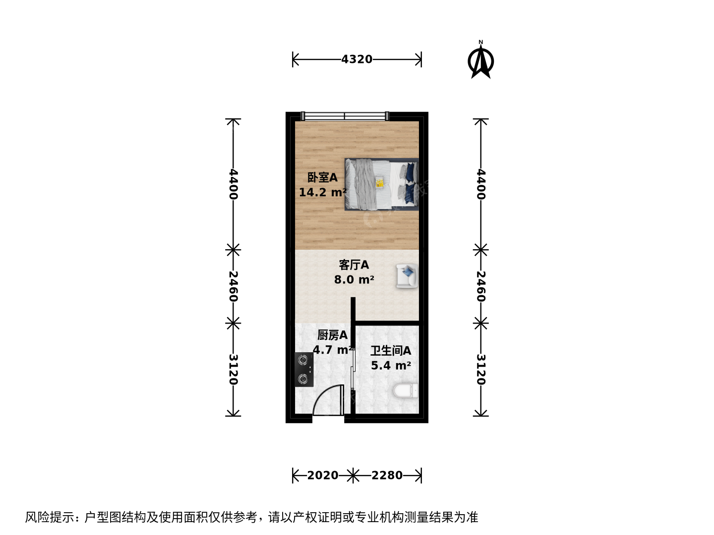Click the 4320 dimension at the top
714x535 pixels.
coord(357,59)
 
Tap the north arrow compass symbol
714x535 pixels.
coord(481,60)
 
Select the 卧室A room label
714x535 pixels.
coord(322,177)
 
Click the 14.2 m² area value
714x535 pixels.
coord(323,192)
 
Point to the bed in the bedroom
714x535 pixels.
coord(382,184)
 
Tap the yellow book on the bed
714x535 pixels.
coord(380,182)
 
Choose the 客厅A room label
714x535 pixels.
coord(354,265)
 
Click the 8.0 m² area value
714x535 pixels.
coord(354,279)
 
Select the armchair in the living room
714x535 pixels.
coord(407,276)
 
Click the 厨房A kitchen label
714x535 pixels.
coord(332,335)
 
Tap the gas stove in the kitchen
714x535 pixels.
coord(304,370)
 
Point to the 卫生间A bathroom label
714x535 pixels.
coord(391,351)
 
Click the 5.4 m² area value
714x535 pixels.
coord(391,366)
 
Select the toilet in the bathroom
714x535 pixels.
coord(406,391)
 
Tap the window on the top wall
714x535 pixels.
coord(345,116)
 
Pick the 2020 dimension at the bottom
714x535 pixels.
coord(323,475)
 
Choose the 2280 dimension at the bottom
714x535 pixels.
coord(387,475)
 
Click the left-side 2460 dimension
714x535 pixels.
coord(233,286)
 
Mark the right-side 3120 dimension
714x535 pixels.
coord(481,370)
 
